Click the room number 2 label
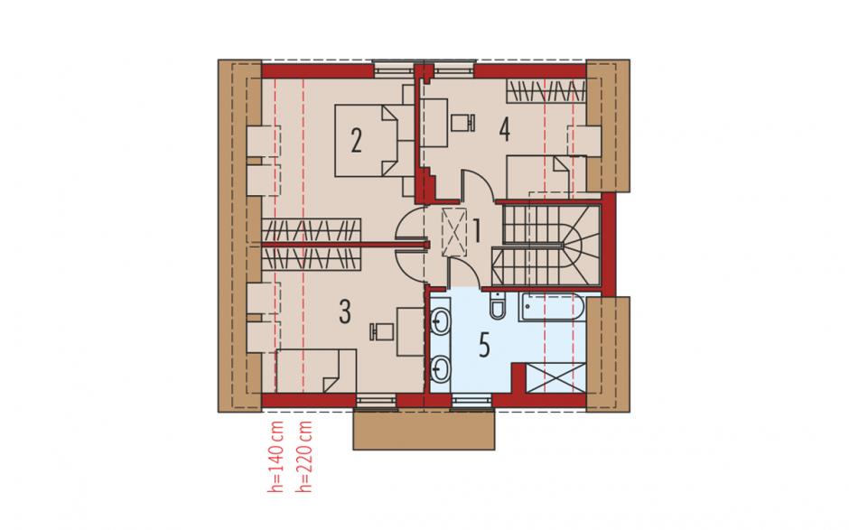coord(356,141)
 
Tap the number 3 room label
coord(345,311)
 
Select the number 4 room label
coord(505,130)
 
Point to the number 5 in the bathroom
coord(484,345)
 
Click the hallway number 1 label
coord(477,231)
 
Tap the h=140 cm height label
coord(276,456)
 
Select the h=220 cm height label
coord(305,456)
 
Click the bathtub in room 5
coord(551,309)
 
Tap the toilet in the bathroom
coord(496,306)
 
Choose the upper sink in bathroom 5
coord(441,321)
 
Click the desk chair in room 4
coord(463,123)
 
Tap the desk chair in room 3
coord(382,331)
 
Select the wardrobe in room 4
coord(546,91)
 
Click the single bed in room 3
coord(316,371)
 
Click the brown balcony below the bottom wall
coord(424,429)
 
